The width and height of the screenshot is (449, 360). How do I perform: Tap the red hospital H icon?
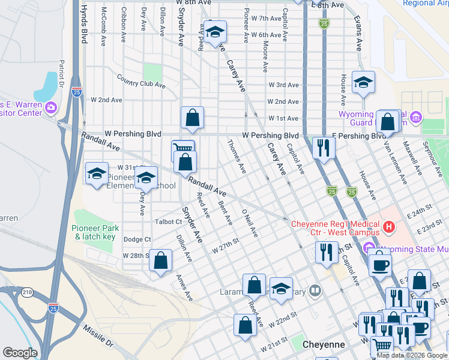click(x=389, y=227)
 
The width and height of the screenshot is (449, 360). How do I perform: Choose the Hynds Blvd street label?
click(x=83, y=22)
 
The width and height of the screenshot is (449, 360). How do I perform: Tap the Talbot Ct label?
click(x=168, y=221)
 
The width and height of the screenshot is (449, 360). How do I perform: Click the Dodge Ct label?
click(x=137, y=239)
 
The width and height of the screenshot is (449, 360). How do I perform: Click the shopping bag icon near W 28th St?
click(x=160, y=260)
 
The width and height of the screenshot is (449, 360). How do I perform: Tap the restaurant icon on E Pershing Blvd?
click(x=324, y=148)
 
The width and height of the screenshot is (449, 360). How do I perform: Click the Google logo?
click(x=20, y=353)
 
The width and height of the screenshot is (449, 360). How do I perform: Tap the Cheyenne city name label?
click(x=322, y=345)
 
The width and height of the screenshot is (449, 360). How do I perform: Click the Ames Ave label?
click(x=184, y=287)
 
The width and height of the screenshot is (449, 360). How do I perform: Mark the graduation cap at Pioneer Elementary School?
click(x=145, y=178)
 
